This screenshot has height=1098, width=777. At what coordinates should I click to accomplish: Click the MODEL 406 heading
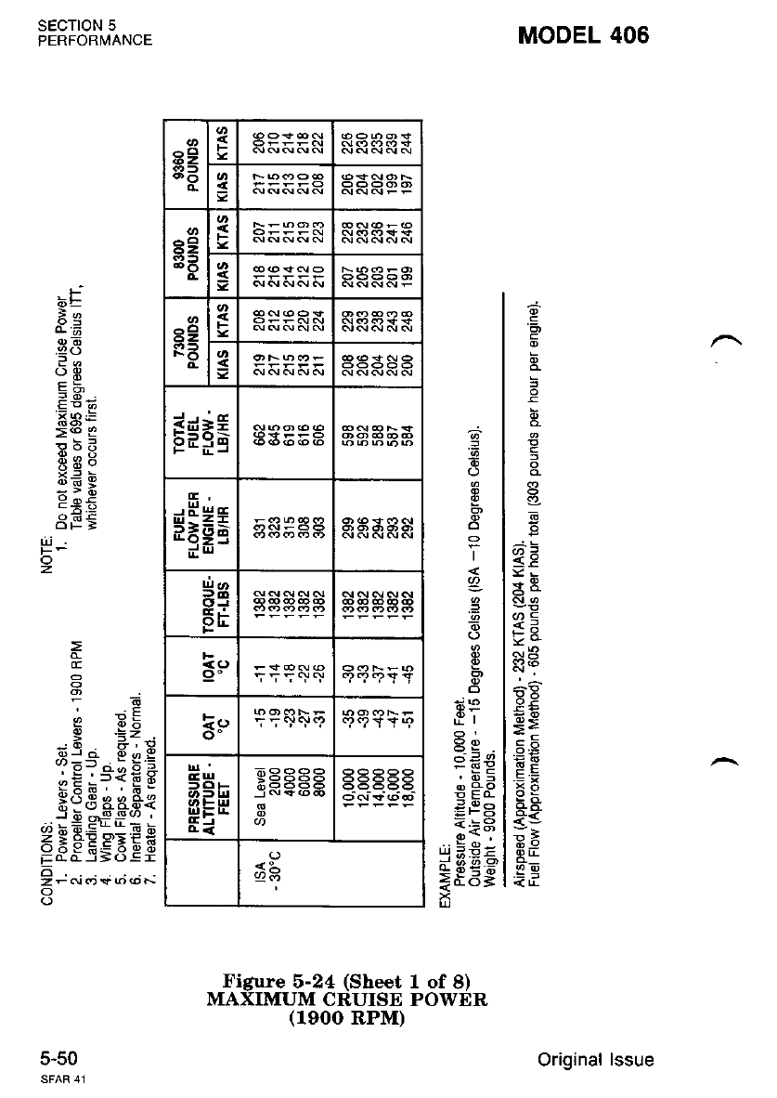[584, 34]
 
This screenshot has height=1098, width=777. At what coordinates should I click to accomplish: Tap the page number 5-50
[58, 1059]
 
